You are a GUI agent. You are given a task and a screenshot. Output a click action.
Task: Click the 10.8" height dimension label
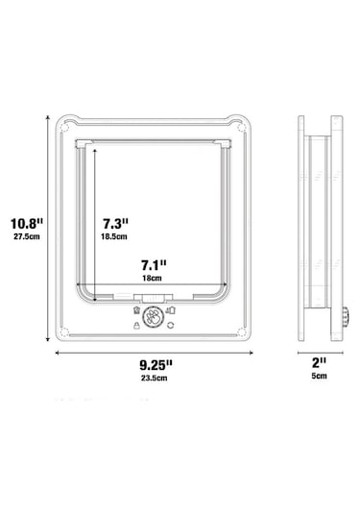pyautogui.click(x=27, y=224)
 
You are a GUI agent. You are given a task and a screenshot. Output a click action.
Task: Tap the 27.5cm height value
pyautogui.click(x=27, y=236)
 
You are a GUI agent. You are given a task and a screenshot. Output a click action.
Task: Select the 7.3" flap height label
pyautogui.click(x=115, y=224)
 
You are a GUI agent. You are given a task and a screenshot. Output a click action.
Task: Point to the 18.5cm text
pyautogui.click(x=114, y=236)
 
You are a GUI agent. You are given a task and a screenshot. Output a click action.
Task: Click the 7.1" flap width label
pyautogui.click(x=154, y=265)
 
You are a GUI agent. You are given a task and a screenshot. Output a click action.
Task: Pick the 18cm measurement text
pyautogui.click(x=152, y=279)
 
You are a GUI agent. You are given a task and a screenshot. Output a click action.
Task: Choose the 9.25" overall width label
pyautogui.click(x=156, y=364)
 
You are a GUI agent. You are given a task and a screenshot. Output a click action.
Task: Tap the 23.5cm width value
pyautogui.click(x=155, y=378)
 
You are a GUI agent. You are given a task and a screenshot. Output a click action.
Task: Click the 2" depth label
pyautogui.click(x=319, y=363)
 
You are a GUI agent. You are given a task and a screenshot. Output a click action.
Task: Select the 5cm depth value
pyautogui.click(x=319, y=376)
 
